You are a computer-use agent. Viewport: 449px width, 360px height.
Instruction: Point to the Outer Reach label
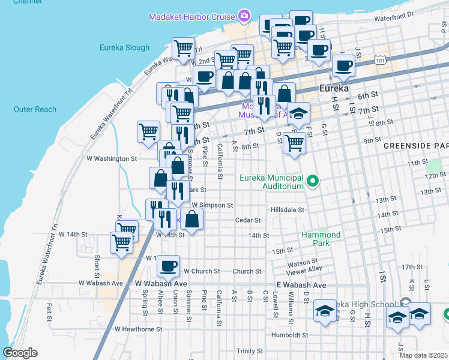click(35, 109)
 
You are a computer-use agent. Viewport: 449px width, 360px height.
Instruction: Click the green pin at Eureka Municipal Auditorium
click(312, 180)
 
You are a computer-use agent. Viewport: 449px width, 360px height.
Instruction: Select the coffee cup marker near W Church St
click(169, 265)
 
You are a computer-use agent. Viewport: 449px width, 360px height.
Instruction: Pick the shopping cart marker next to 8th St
click(294, 143)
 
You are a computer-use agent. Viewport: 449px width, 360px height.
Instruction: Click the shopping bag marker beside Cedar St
click(191, 219)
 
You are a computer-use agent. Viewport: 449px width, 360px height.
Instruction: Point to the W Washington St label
click(112, 158)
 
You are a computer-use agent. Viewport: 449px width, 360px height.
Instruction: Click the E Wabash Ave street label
click(301, 284)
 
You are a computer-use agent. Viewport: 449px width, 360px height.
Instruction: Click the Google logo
click(20, 353)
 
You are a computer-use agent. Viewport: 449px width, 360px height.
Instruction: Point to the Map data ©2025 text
click(423, 355)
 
